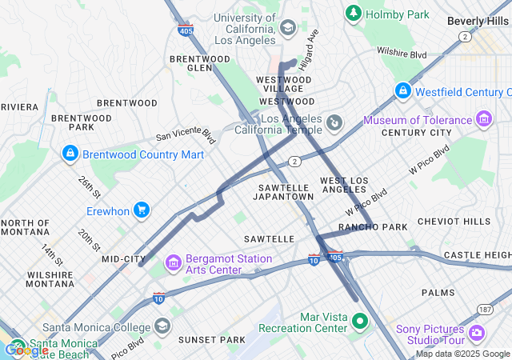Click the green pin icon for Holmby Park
tap(353, 14)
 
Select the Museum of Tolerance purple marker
tap(483, 120)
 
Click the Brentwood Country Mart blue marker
tap(70, 153)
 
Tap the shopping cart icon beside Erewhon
tap(142, 210)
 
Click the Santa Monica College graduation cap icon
tap(162, 326)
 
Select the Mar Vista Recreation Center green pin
tap(360, 322)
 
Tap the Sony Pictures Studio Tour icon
tap(477, 333)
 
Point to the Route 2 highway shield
tap(295, 162)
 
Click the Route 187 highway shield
tap(485, 309)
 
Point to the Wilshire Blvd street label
tap(402, 54)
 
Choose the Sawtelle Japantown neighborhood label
tap(286, 191)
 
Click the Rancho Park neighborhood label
tap(363, 227)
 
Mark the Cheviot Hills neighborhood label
tap(465, 222)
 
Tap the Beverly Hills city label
tap(478, 21)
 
